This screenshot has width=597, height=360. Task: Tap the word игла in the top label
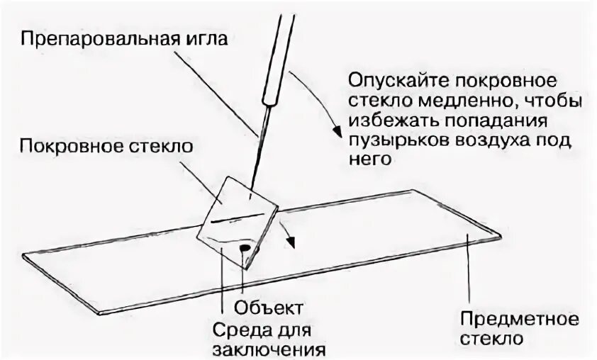(x=208, y=38)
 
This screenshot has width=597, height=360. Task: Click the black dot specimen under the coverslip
(x=243, y=247)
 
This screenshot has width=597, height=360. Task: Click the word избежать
(x=391, y=120)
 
